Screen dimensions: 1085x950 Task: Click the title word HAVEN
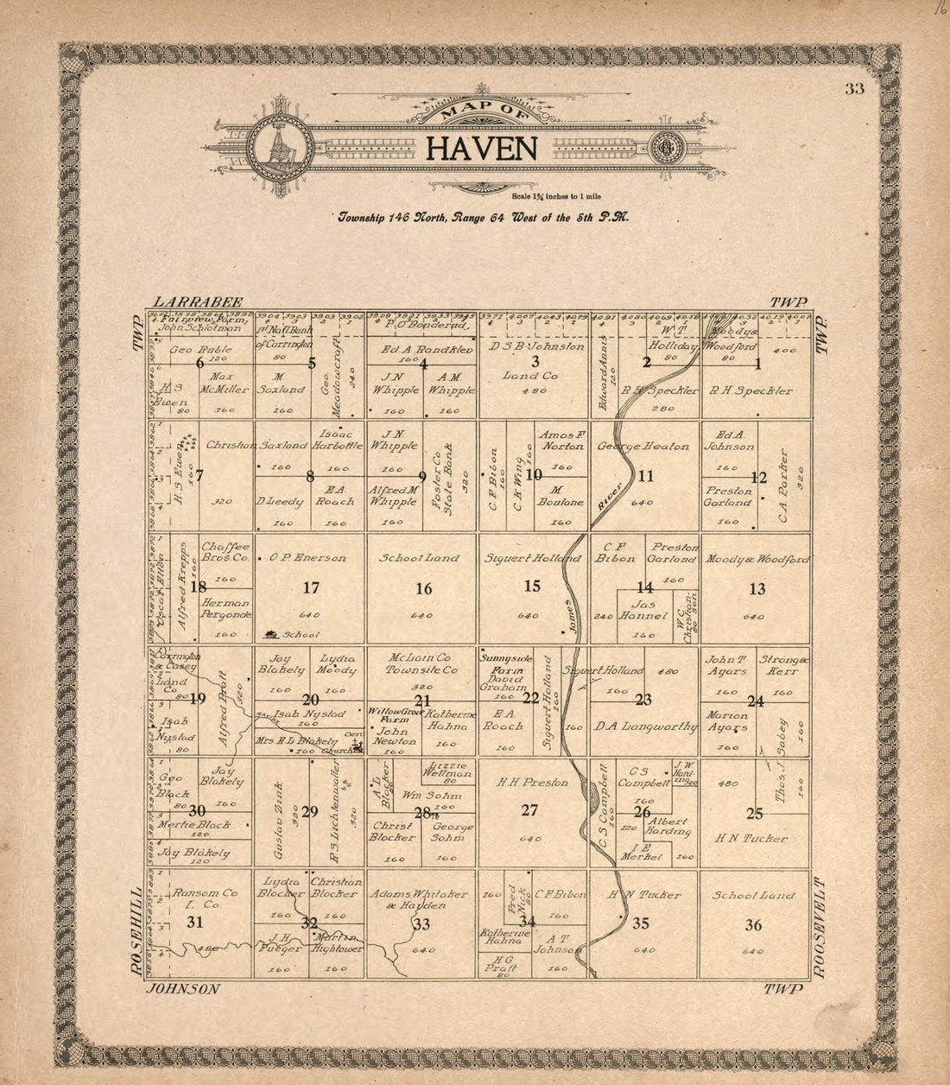(482, 149)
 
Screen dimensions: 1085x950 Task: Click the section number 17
(311, 588)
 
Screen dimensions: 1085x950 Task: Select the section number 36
(753, 925)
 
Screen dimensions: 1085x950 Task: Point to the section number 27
(529, 810)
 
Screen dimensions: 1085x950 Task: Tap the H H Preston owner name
(532, 783)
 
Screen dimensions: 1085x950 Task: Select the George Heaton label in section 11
(643, 447)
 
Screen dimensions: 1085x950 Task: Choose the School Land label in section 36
(753, 896)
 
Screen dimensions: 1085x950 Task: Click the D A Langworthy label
(644, 727)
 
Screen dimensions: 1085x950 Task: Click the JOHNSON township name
(184, 989)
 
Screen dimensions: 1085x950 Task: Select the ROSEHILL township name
(136, 932)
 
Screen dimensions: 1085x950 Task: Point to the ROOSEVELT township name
(820, 929)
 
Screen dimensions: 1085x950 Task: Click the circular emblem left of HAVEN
(277, 149)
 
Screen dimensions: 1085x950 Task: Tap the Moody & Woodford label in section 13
(756, 560)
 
